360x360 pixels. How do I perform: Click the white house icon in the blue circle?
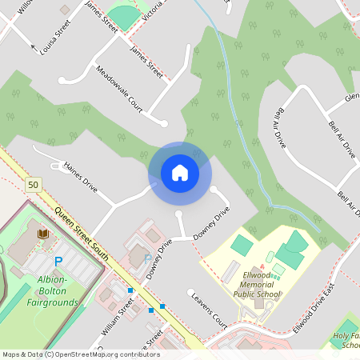(x=179, y=172)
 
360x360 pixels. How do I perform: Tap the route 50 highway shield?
(x=32, y=185)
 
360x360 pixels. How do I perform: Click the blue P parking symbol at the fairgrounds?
(x=58, y=262)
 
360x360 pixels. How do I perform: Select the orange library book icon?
(x=42, y=234)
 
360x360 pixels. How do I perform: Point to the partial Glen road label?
(x=351, y=98)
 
